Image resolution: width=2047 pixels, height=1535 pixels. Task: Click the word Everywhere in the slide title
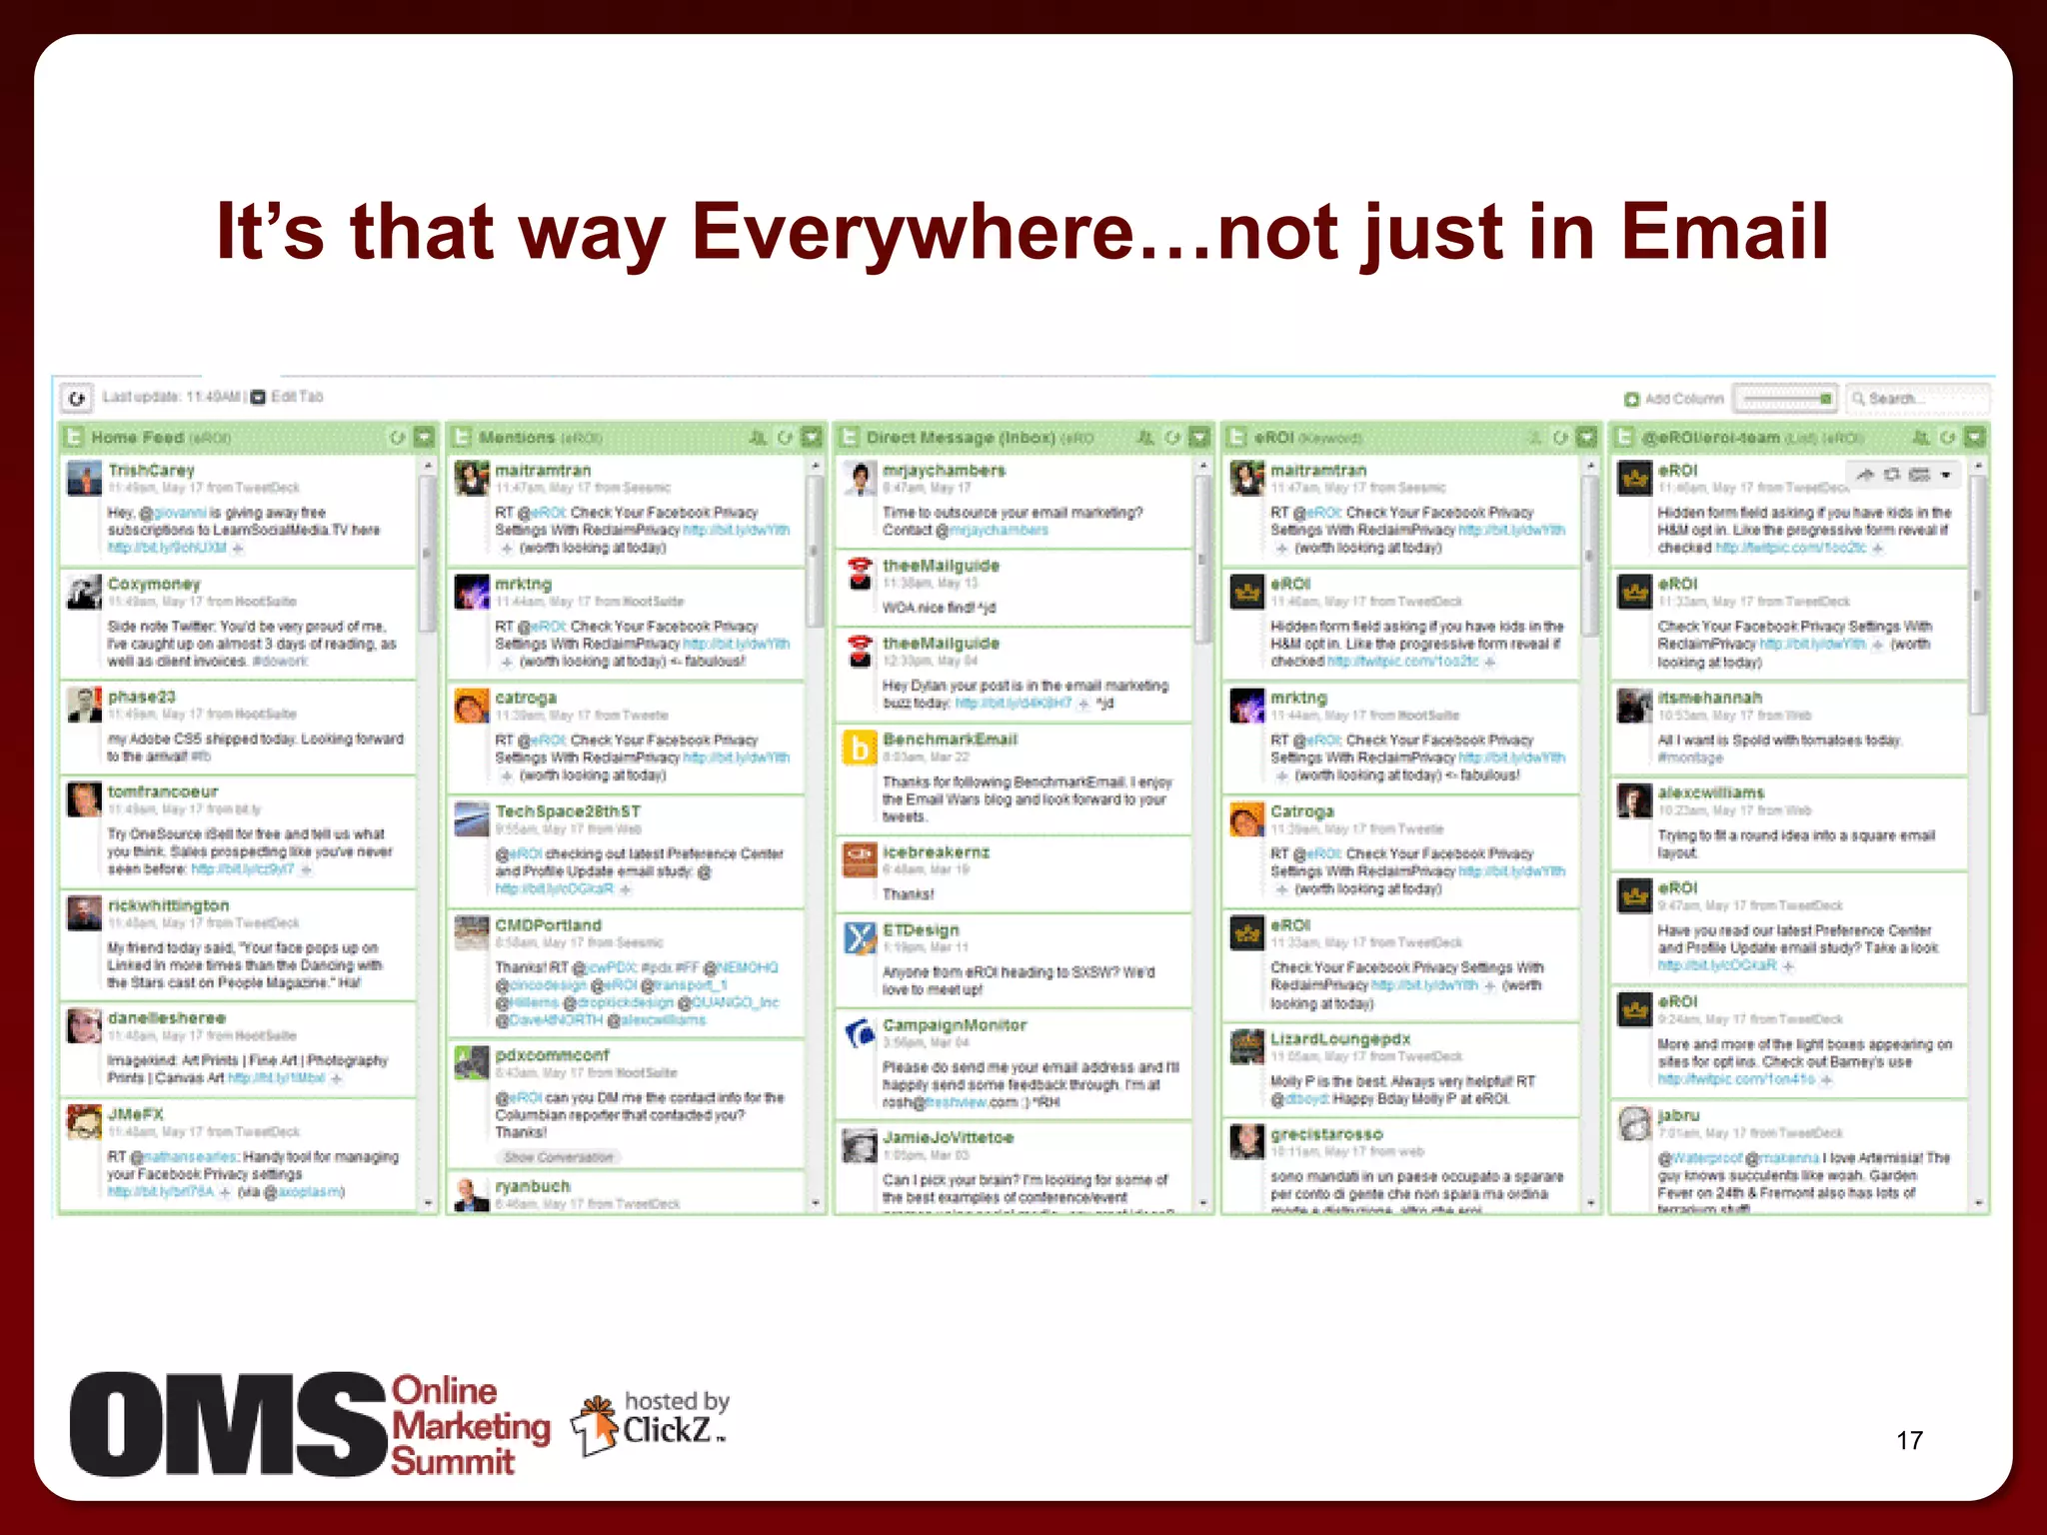914,232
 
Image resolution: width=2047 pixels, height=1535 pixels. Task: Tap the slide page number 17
1909,1440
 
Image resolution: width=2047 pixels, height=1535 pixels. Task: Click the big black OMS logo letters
228,1425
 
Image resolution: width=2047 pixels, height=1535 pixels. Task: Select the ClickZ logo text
668,1430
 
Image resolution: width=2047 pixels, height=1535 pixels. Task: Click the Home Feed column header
138,438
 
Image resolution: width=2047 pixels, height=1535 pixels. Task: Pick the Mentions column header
517,438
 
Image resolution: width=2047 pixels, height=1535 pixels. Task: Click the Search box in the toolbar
1916,399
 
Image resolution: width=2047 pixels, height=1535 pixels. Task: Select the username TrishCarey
151,470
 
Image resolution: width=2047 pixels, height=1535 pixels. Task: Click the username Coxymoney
154,584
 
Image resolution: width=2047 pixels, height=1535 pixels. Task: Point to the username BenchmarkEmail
950,740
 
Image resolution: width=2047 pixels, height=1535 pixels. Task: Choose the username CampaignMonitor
955,1025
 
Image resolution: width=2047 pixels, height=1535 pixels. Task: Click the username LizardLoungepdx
1340,1039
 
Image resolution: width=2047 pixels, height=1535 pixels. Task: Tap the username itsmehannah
1709,698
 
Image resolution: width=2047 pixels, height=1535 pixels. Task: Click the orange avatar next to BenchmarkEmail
860,748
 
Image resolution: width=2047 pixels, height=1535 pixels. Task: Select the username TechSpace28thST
568,811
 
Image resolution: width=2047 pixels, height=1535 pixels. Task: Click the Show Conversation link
558,1157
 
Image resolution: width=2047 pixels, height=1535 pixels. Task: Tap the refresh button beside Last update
77,398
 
